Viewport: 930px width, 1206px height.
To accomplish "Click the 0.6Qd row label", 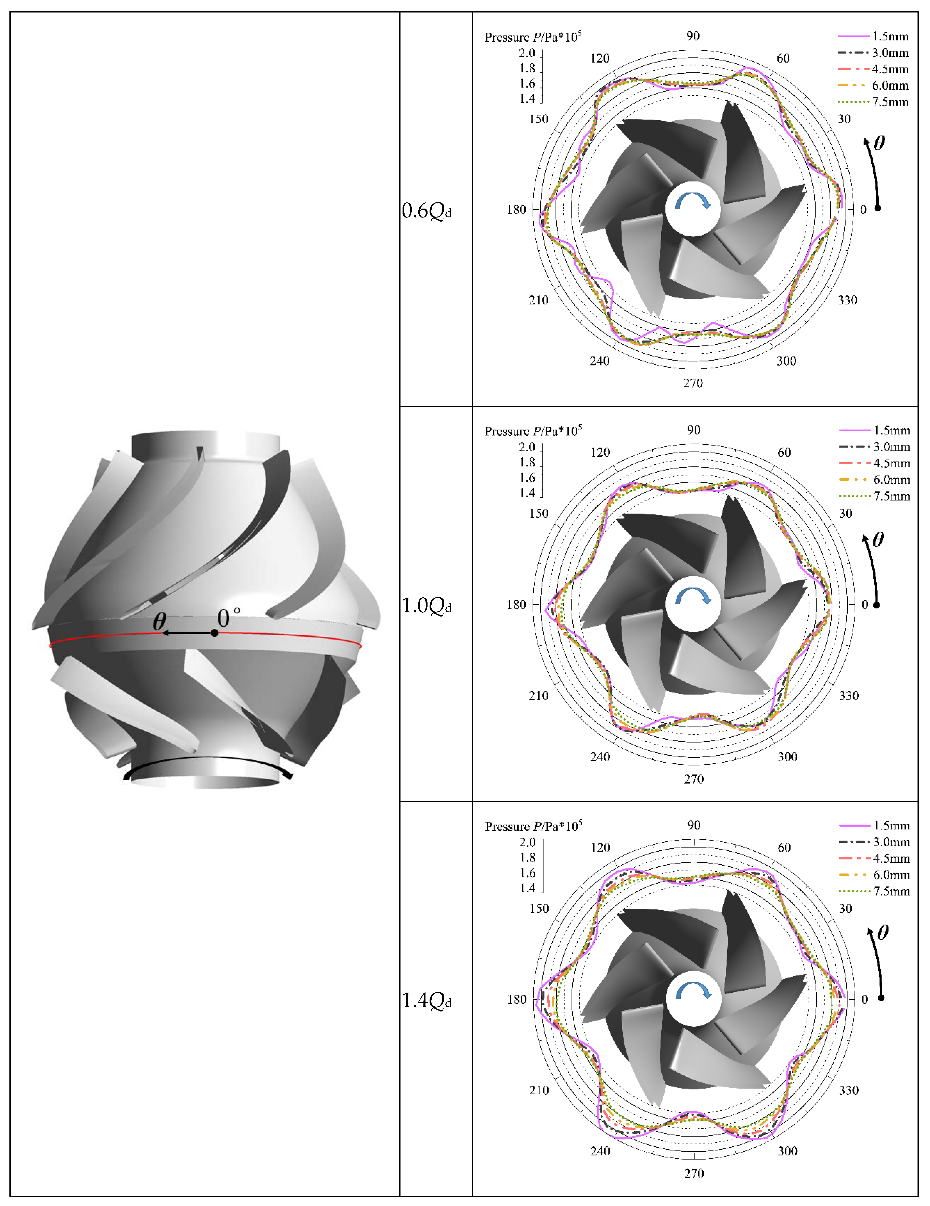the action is point(427,211).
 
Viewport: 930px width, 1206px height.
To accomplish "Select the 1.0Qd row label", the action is point(427,606).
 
